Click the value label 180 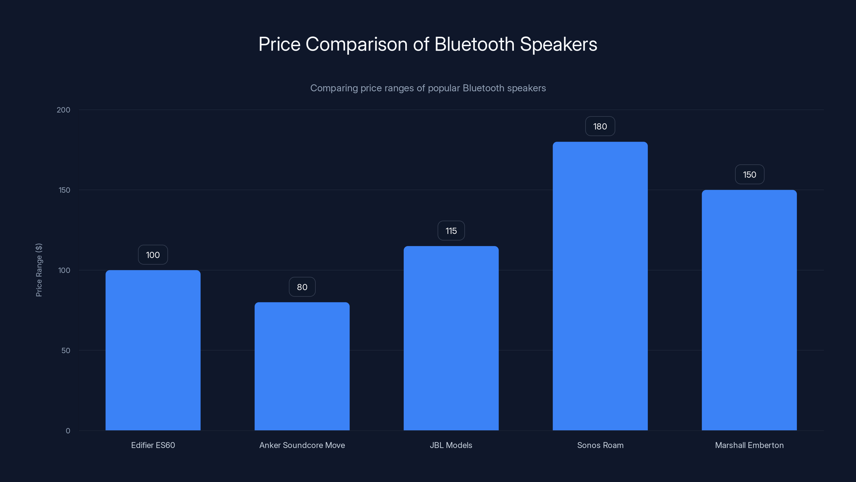[600, 126]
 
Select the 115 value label [451, 231]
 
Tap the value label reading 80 [302, 287]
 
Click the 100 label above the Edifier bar [153, 255]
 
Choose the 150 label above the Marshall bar [749, 175]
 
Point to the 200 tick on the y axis [63, 110]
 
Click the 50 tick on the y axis [66, 350]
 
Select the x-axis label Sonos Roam [600, 445]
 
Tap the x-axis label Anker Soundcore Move [302, 445]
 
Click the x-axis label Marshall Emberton [749, 445]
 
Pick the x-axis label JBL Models [451, 445]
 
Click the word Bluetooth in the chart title [474, 44]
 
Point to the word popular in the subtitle [444, 88]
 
